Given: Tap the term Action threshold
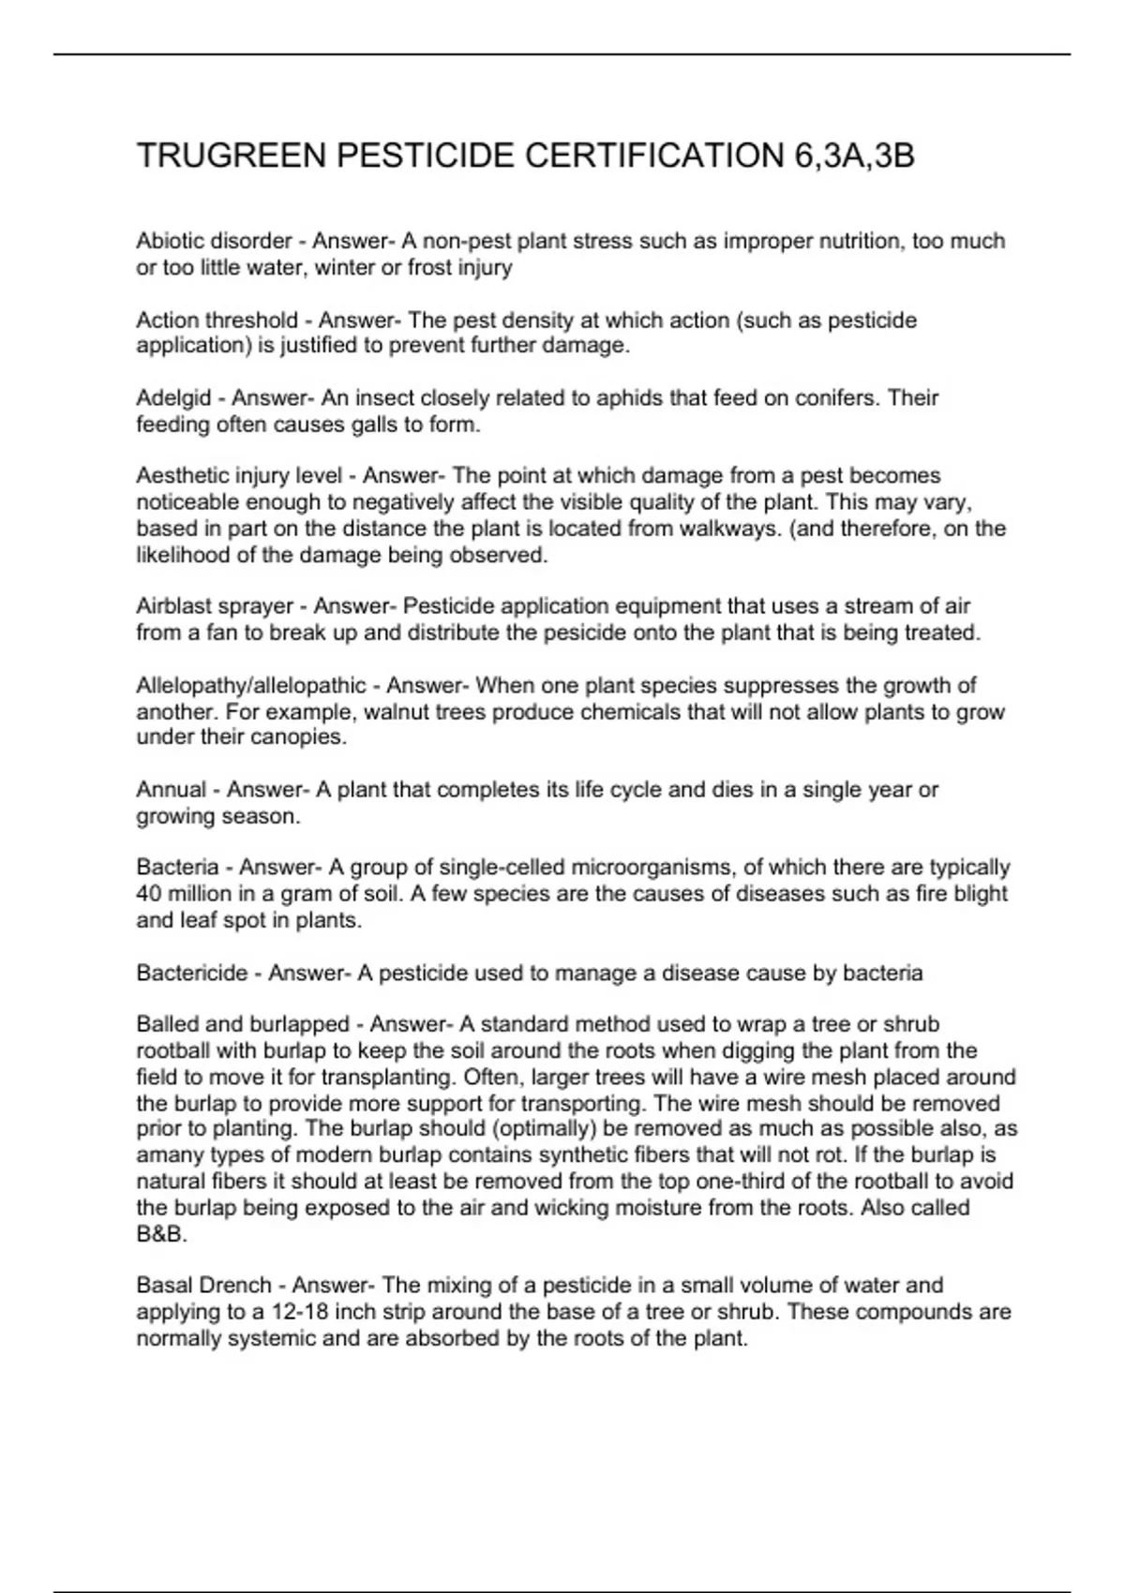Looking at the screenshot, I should (x=217, y=320).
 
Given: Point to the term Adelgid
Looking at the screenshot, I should (x=173, y=398).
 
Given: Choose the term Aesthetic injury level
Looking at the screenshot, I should (x=239, y=476).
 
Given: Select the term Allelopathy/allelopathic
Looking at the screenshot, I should (x=251, y=685).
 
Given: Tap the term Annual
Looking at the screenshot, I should (x=171, y=790).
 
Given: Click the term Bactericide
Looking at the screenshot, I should (x=191, y=974).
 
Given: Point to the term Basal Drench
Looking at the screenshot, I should (x=203, y=1286).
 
